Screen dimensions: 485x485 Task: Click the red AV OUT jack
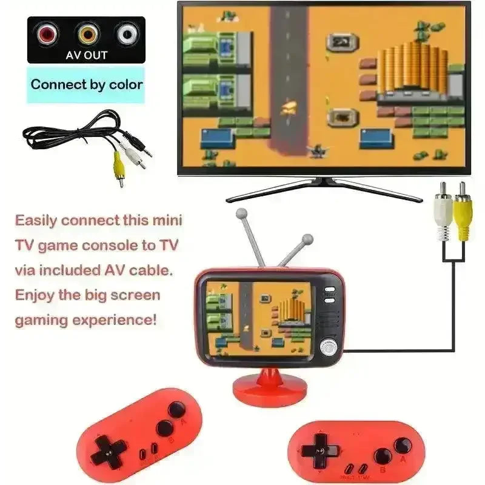[x=48, y=33]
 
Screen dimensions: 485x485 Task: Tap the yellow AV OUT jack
[x=89, y=34]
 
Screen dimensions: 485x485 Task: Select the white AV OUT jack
[x=127, y=34]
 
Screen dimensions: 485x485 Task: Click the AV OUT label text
[x=86, y=55]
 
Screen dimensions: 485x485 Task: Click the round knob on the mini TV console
[x=329, y=348]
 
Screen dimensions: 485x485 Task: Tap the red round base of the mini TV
[x=270, y=388]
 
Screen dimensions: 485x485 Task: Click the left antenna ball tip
[x=241, y=214]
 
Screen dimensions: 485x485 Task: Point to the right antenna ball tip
[x=307, y=239]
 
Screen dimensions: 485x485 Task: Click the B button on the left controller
[x=165, y=429]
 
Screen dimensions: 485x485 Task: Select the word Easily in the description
[x=36, y=221]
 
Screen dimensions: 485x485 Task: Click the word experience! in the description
[x=114, y=320]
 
